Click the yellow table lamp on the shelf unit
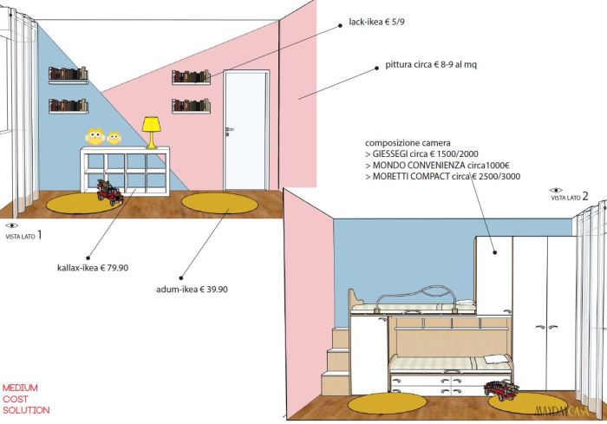click(x=152, y=132)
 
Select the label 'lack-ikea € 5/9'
click(x=375, y=21)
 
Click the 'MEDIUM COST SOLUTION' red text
click(x=26, y=399)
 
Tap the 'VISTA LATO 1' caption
click(x=23, y=235)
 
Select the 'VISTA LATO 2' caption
click(x=570, y=197)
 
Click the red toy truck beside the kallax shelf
click(x=111, y=192)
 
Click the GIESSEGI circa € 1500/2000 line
click(x=426, y=153)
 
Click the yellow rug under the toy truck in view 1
click(x=81, y=204)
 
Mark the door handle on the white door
click(x=230, y=129)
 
